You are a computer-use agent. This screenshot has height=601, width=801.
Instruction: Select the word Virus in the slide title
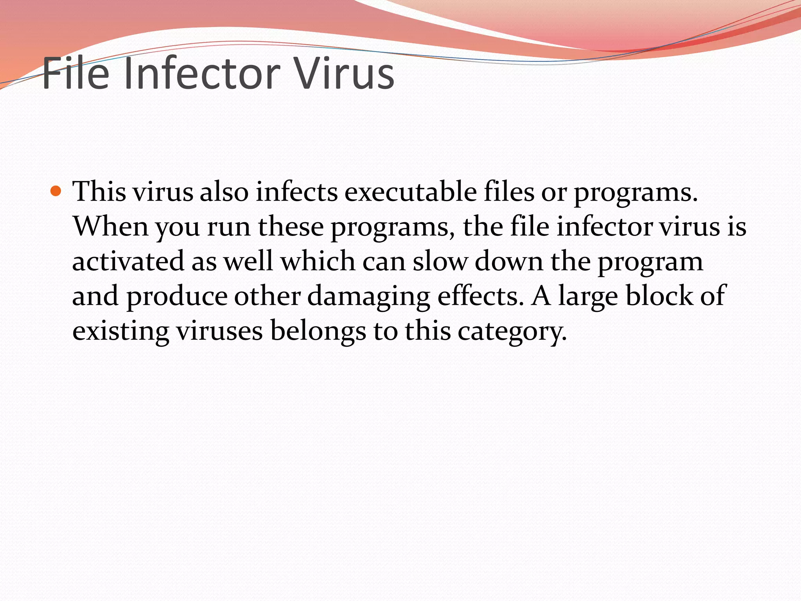pyautogui.click(x=344, y=74)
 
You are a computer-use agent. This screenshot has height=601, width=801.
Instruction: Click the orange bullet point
pyautogui.click(x=56, y=191)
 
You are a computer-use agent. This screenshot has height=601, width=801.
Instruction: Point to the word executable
pyautogui.click(x=411, y=192)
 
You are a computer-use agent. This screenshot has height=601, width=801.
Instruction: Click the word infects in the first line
pyautogui.click(x=297, y=192)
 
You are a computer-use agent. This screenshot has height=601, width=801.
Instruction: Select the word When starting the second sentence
pyautogui.click(x=111, y=227)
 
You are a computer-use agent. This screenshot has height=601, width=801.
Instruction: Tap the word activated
pyautogui.click(x=128, y=261)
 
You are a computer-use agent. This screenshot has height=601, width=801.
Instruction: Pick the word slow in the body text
pyautogui.click(x=440, y=261)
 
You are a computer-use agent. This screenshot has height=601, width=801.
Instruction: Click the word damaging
pyautogui.click(x=369, y=296)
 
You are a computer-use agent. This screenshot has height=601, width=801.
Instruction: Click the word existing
pyautogui.click(x=120, y=331)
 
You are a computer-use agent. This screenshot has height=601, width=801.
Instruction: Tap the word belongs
pyautogui.click(x=318, y=331)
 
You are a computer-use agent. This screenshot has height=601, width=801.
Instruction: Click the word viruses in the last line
pyautogui.click(x=219, y=331)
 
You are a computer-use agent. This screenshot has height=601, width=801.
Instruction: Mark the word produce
pyautogui.click(x=177, y=296)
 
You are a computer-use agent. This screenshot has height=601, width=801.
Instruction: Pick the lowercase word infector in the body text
pyautogui.click(x=604, y=227)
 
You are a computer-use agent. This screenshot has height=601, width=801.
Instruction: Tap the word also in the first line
pyautogui.click(x=224, y=192)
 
